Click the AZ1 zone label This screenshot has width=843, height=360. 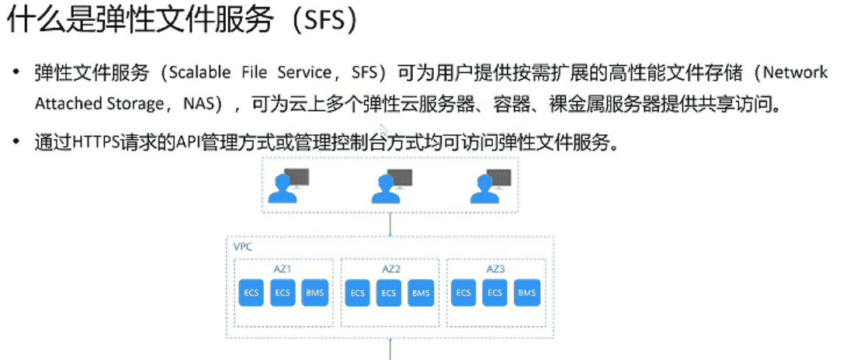(283, 269)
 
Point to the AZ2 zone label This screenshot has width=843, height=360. (391, 269)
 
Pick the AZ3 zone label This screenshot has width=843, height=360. (496, 269)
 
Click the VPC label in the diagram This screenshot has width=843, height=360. (243, 247)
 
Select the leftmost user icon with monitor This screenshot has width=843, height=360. (288, 185)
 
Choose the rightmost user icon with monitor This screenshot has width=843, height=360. (491, 185)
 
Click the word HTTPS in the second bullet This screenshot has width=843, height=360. (95, 144)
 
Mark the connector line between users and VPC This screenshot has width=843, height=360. (390, 223)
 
